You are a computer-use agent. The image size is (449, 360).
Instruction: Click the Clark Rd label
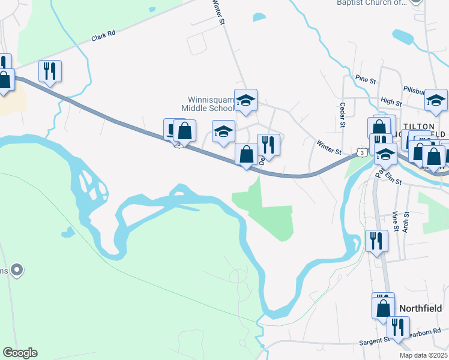[x=103, y=37]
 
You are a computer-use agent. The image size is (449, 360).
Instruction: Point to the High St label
[x=391, y=103]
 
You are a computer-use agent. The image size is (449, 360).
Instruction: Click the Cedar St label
[x=343, y=115]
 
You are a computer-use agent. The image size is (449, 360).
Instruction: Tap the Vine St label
[x=395, y=221]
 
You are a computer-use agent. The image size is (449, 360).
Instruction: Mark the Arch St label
[x=406, y=220]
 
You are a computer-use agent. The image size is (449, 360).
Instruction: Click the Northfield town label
[x=420, y=308]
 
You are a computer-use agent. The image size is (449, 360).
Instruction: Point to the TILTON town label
[x=424, y=125]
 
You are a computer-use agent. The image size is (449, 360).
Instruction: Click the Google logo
[x=20, y=353]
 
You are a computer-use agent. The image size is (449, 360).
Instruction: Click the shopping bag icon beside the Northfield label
[x=383, y=308]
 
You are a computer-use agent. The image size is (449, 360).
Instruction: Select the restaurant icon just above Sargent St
[x=397, y=327]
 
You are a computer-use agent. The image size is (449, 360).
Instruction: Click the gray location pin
[x=17, y=271]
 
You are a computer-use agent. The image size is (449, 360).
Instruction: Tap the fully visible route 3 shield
[x=361, y=153]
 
